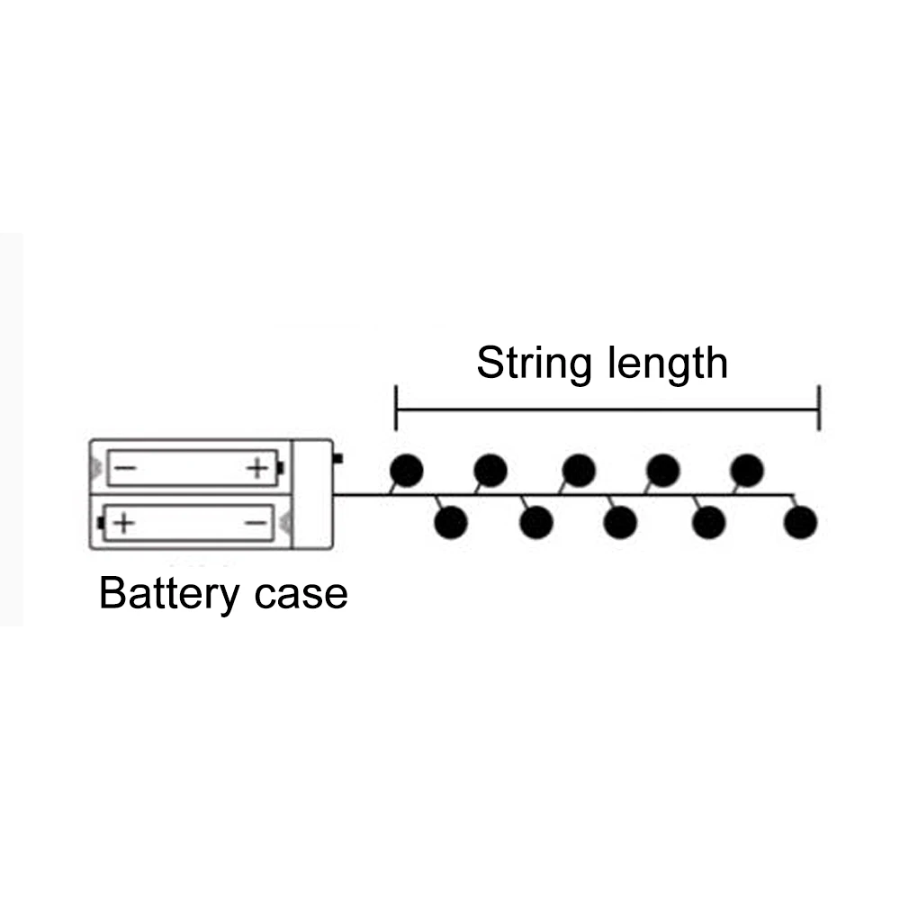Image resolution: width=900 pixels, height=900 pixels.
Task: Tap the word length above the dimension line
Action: coord(668,364)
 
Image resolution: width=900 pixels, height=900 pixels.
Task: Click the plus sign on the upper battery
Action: coord(257,468)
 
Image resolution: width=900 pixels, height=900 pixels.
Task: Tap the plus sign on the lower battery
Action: coord(123,522)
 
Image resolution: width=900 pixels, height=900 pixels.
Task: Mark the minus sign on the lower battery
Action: coord(256,522)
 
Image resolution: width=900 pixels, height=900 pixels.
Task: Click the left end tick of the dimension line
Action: coord(396,408)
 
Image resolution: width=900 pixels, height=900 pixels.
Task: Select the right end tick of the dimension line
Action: coord(819,408)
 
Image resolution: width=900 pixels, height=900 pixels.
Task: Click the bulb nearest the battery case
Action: coord(406,469)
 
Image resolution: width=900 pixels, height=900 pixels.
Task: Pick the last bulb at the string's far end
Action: coord(800,521)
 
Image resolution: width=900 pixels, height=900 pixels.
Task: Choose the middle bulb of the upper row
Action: coord(578,469)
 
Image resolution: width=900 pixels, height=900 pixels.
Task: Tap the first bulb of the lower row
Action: coord(450,521)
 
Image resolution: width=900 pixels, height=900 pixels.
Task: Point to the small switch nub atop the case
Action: coord(337,458)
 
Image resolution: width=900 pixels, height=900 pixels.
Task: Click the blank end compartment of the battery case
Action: coord(312,494)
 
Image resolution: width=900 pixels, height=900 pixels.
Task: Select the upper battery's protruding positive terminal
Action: coord(281,468)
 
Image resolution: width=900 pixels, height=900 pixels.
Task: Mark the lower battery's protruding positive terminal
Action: coord(102,522)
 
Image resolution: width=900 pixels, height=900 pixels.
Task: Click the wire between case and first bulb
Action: coord(360,494)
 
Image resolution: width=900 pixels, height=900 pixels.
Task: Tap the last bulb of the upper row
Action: coord(747,469)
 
